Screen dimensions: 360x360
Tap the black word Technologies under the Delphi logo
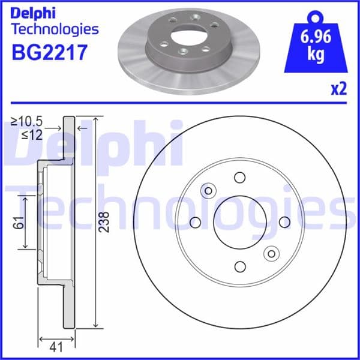pos(55,28)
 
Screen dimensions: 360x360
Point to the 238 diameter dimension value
pos(104,222)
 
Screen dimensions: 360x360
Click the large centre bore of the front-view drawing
pos(239,222)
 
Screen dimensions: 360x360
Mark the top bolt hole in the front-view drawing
pos(240,178)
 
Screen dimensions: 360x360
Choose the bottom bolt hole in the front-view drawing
pos(240,266)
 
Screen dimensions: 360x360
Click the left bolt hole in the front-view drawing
pos(195,223)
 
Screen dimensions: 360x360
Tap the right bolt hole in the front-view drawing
pos(284,222)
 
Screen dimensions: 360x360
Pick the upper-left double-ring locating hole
pos(209,191)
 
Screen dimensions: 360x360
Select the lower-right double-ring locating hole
pos(271,253)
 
